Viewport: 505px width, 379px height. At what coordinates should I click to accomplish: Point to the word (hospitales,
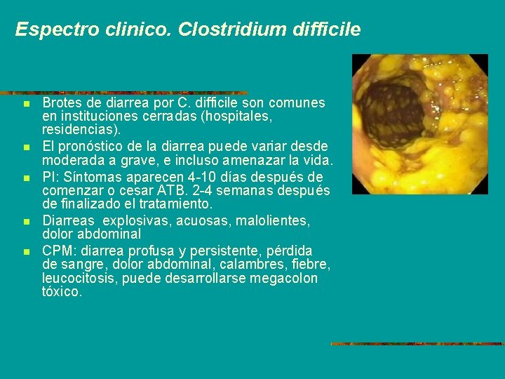(240, 117)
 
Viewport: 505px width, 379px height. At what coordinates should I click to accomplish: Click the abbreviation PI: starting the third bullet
(50, 177)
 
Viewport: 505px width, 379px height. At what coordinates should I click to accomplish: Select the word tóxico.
(62, 292)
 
